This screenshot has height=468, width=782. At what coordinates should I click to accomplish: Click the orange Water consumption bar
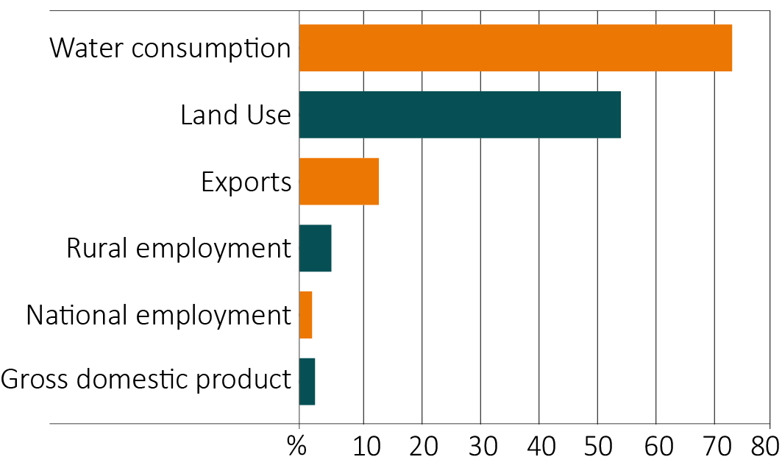pyautogui.click(x=515, y=48)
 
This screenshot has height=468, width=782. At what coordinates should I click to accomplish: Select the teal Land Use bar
pyautogui.click(x=460, y=115)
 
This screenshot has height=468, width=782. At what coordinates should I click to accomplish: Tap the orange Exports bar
pyautogui.click(x=338, y=181)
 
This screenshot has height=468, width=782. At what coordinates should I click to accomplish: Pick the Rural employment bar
pyautogui.click(x=315, y=248)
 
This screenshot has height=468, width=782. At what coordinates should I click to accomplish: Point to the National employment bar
pyautogui.click(x=305, y=315)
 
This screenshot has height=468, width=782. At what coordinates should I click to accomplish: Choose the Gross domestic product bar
pyautogui.click(x=307, y=381)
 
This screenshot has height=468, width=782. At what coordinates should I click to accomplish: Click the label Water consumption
pyautogui.click(x=170, y=49)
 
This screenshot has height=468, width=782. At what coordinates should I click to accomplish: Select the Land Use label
pyautogui.click(x=235, y=116)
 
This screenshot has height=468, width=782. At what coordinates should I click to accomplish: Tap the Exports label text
pyautogui.click(x=246, y=182)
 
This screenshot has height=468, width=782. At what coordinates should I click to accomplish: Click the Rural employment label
pyautogui.click(x=179, y=249)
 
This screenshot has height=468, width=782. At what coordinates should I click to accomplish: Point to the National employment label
pyautogui.click(x=158, y=316)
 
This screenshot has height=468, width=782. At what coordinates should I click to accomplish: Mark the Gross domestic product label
pyautogui.click(x=146, y=381)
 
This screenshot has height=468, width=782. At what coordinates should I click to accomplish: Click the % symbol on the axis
pyautogui.click(x=296, y=447)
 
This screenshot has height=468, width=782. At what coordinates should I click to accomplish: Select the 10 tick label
pyautogui.click(x=363, y=447)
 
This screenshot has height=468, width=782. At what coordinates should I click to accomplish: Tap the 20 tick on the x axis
pyautogui.click(x=422, y=447)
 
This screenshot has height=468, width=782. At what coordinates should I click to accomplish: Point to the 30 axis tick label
pyautogui.click(x=480, y=447)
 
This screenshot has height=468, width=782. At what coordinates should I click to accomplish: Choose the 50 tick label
pyautogui.click(x=597, y=447)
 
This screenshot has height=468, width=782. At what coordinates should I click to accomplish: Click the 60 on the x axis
pyautogui.click(x=656, y=447)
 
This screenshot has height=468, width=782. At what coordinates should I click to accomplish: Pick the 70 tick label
pyautogui.click(x=714, y=447)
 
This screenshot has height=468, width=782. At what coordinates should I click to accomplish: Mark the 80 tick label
pyautogui.click(x=765, y=447)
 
